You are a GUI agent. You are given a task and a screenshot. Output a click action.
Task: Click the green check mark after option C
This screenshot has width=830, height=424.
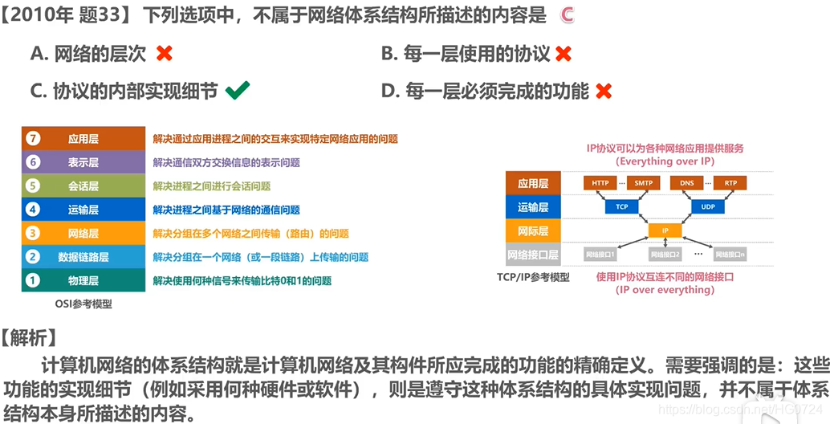[x=237, y=90]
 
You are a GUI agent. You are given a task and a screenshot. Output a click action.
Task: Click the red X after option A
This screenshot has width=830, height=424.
[x=164, y=54]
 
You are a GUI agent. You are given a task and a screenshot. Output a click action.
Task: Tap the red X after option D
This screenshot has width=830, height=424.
[x=603, y=91]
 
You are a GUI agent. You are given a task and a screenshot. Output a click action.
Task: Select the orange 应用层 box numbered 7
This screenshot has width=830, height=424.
[x=83, y=138]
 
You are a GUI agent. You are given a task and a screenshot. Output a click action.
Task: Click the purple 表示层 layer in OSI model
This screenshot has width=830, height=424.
[x=83, y=162]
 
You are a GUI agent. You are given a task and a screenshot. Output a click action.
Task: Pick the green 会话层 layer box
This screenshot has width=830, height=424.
[x=83, y=185]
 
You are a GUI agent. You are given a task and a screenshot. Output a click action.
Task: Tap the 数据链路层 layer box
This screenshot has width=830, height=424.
[x=83, y=257]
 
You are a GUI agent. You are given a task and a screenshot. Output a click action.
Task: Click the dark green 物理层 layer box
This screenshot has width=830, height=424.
[x=83, y=280]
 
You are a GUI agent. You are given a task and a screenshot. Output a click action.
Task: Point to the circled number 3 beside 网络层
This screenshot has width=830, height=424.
[x=32, y=234]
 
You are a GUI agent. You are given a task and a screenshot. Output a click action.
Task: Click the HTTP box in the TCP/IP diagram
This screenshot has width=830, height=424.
[x=600, y=183]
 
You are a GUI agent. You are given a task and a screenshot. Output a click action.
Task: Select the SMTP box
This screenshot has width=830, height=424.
[x=643, y=183]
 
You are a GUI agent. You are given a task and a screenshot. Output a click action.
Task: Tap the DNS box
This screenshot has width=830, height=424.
[x=686, y=183]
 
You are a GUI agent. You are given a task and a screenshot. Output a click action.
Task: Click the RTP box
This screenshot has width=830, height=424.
[x=730, y=183]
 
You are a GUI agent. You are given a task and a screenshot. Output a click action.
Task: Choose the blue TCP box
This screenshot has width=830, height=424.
[x=621, y=206]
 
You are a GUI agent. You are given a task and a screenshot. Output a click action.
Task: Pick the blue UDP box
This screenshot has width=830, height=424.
[x=707, y=206]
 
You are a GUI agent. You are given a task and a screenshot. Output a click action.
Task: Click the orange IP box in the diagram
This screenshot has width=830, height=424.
[x=665, y=230]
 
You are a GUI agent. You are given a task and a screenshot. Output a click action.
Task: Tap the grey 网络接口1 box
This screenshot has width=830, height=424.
[x=600, y=255]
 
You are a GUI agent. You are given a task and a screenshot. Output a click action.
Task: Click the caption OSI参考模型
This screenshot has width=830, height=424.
[x=83, y=304]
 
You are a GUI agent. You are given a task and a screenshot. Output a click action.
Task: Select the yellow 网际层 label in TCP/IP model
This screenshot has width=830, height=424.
[x=533, y=230]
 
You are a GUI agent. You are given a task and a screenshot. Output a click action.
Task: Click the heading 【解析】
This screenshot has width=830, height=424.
[x=29, y=336]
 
